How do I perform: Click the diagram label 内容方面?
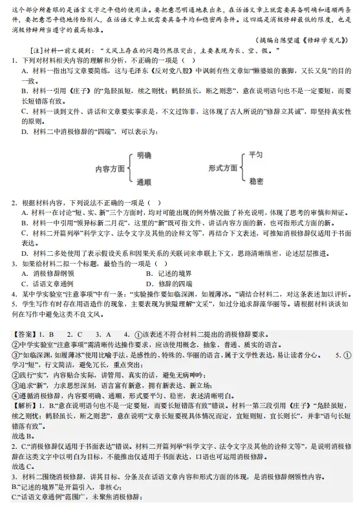pos(110,168)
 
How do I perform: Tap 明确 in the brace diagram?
pos(144,156)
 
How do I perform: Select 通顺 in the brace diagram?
pos(144,182)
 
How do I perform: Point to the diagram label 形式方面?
pos(223,168)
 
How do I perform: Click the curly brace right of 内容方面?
pos(131,168)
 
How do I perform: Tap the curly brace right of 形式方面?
pos(243,168)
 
